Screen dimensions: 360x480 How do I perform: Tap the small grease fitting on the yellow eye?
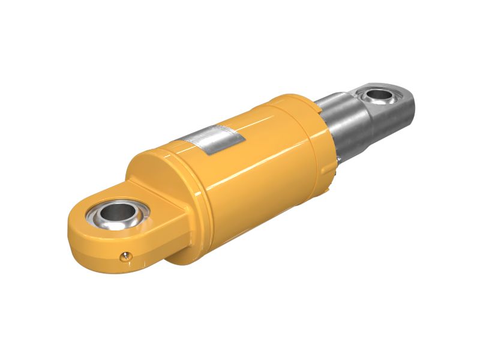(125, 256)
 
